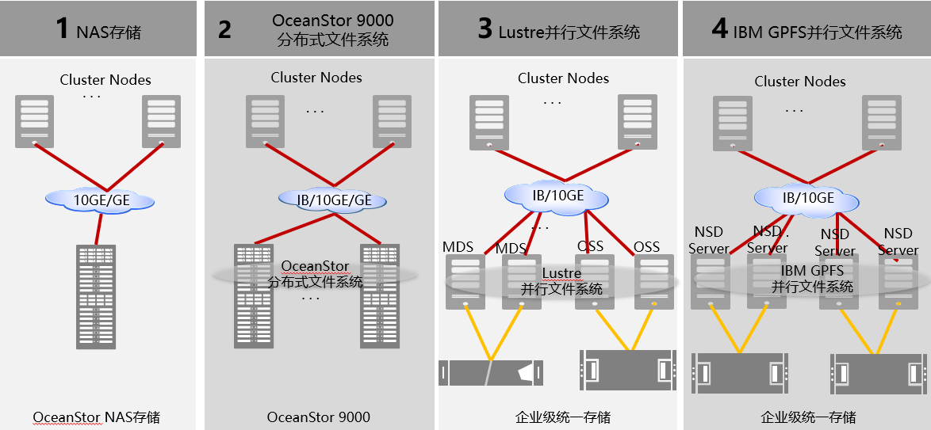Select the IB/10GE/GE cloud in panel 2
(x=334, y=200)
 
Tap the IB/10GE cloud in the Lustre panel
(x=557, y=195)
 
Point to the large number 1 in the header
(x=63, y=29)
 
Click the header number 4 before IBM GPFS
(x=718, y=29)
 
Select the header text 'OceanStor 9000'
(x=332, y=20)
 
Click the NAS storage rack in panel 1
(x=96, y=296)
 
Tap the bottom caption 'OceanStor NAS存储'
(x=102, y=417)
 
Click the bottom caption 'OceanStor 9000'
(x=318, y=417)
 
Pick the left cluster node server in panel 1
(x=34, y=121)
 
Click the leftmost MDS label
(x=458, y=246)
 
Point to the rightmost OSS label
(x=646, y=247)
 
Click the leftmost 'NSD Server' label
(x=708, y=241)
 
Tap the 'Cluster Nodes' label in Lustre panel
(x=563, y=78)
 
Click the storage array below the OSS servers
(x=629, y=369)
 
